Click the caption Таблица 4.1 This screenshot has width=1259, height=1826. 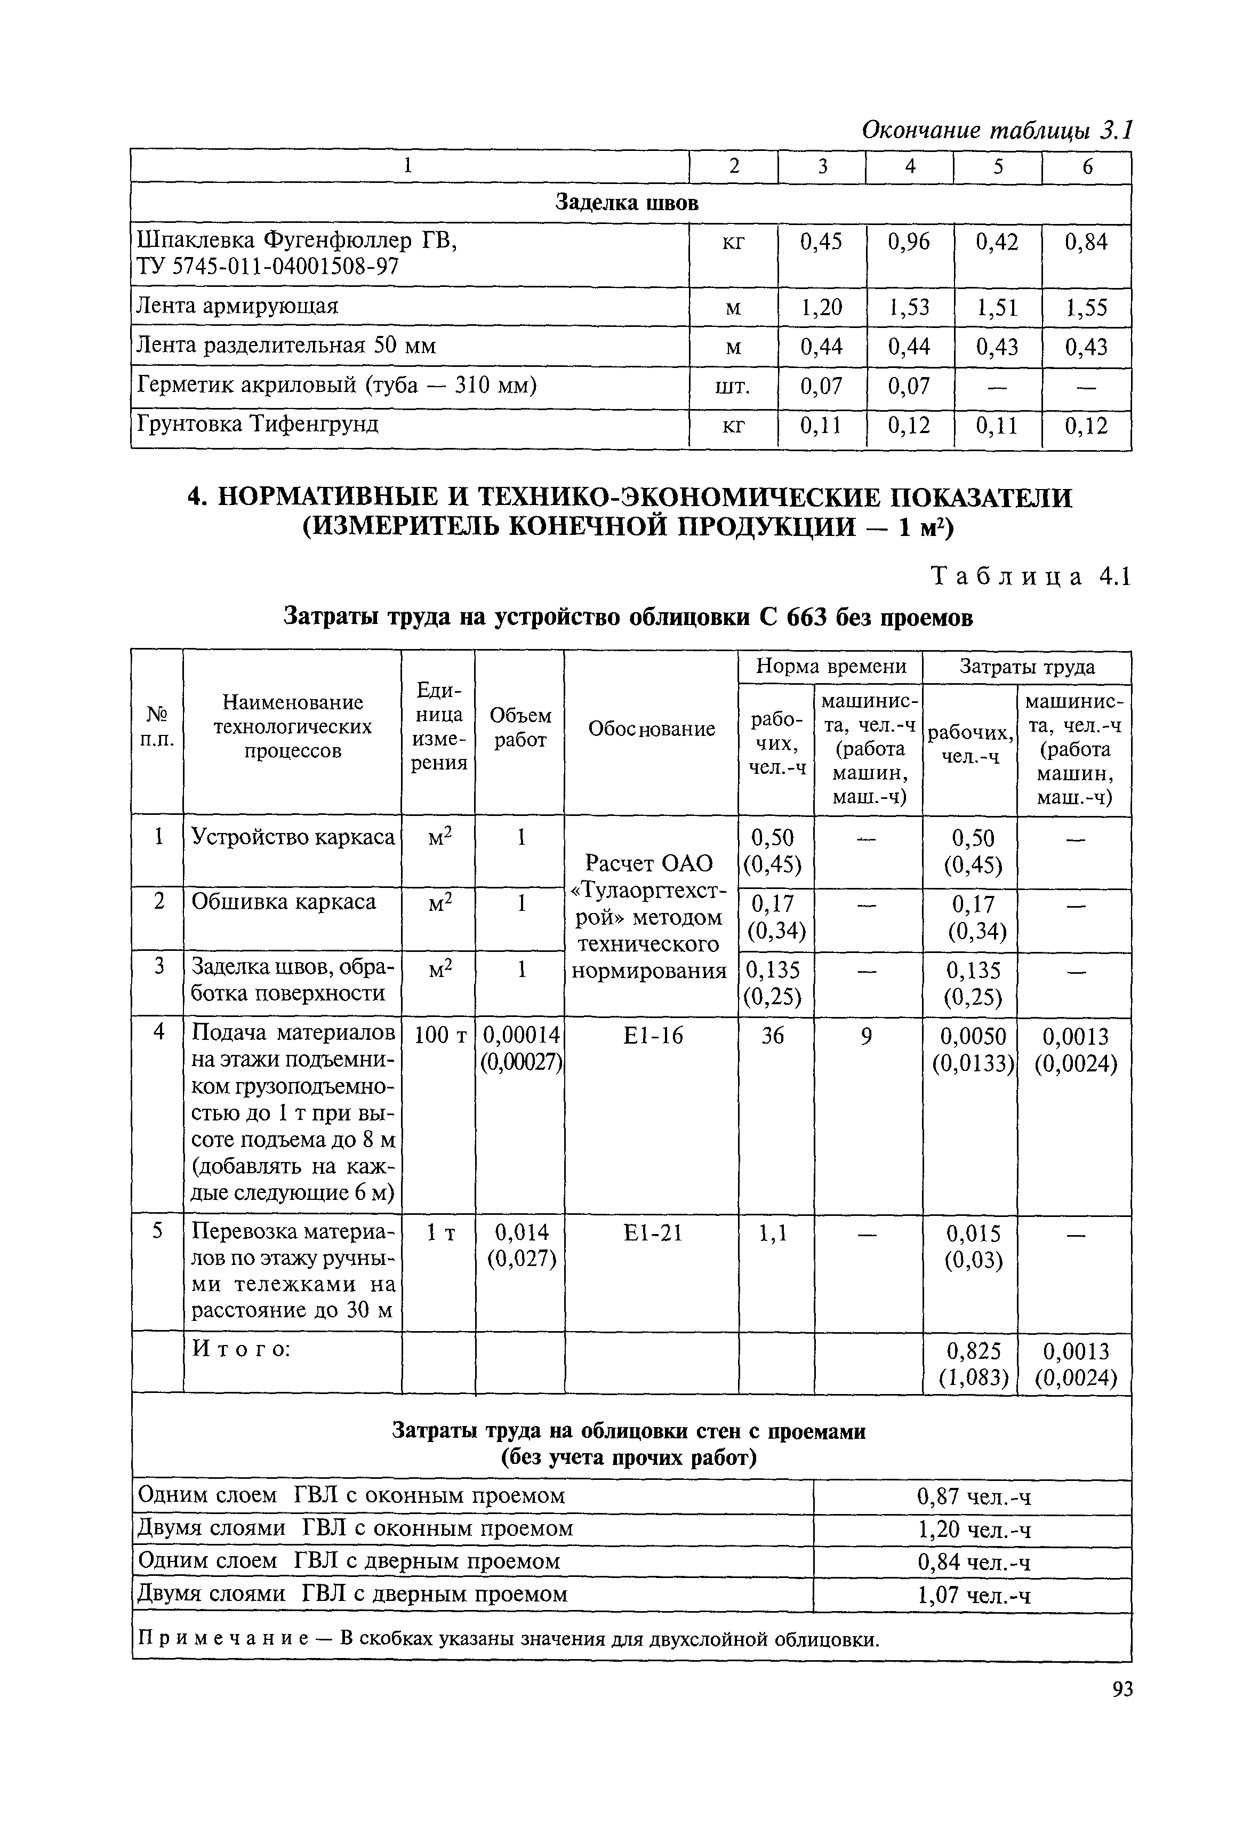1031,578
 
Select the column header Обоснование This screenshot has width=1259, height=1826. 652,729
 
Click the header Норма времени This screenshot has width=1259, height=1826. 831,667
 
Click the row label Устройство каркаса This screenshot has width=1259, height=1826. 293,837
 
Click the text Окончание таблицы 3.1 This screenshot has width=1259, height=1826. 996,130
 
